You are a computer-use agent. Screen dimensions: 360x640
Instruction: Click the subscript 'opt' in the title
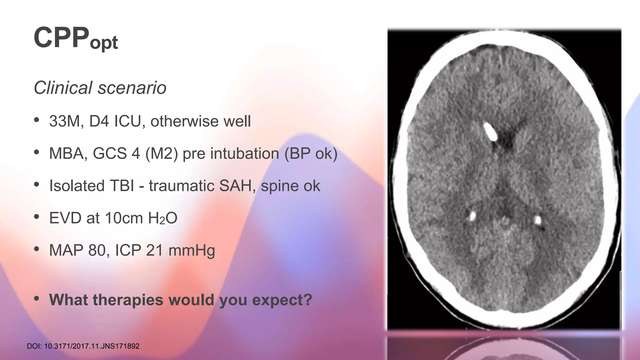coord(104,43)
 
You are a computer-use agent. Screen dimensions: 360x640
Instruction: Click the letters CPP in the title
coord(61,38)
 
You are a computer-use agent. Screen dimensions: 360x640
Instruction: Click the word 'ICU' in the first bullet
coord(127,122)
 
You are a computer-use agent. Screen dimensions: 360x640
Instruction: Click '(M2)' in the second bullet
coord(162,154)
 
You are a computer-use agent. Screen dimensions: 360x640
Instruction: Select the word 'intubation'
coord(231,154)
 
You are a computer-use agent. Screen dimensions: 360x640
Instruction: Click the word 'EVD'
coord(65,218)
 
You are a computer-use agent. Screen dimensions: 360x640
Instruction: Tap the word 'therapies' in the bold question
coord(128,300)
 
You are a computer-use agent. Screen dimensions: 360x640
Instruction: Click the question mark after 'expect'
coord(307,300)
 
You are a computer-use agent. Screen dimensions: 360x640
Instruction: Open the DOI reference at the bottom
coord(83,346)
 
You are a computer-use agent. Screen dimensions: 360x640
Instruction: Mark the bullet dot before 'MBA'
coord(37,152)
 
